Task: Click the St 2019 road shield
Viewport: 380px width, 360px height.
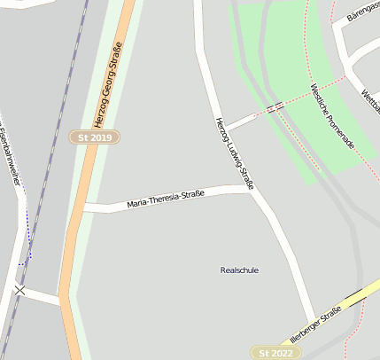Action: tap(95, 137)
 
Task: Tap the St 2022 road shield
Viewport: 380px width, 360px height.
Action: tap(275, 353)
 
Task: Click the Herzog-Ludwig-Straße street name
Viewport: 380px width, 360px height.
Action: tap(235, 153)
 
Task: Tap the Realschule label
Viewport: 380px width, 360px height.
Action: tap(239, 270)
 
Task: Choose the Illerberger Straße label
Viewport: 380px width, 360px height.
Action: tap(316, 325)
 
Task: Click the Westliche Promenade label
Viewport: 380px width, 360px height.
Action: tap(332, 116)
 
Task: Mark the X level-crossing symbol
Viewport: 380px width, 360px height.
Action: tap(19, 290)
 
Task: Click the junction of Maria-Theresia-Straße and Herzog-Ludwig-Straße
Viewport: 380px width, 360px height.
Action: tap(250, 188)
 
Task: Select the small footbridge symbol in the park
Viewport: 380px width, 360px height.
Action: tap(275, 108)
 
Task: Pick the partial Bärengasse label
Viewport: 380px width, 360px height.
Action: tap(362, 17)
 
